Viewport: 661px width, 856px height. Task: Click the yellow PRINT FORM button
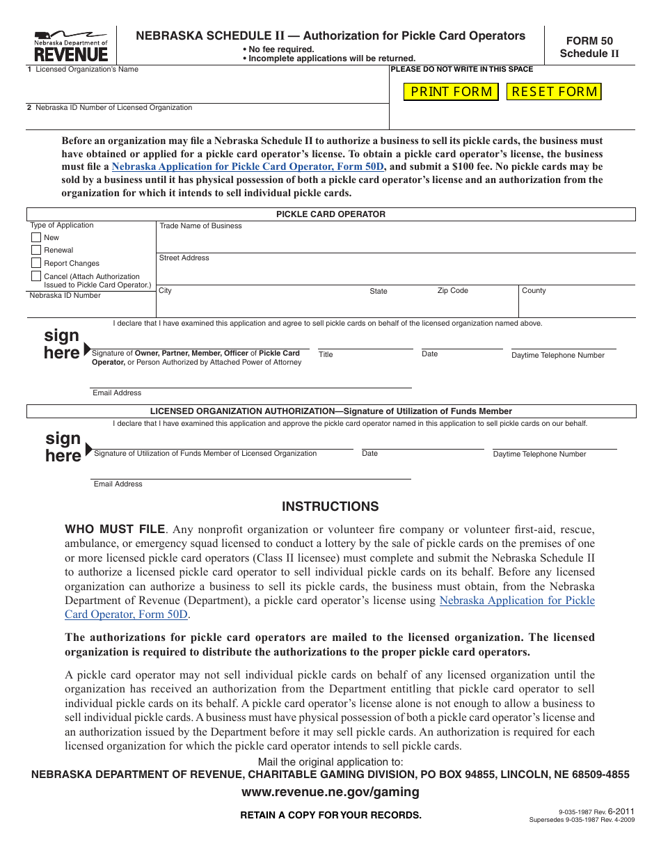pos(451,92)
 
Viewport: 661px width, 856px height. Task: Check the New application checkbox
pos(36,237)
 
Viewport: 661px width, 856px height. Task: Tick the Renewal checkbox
pos(36,250)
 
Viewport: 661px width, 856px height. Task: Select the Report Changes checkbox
pos(36,263)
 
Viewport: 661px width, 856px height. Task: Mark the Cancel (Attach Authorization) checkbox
pos(36,276)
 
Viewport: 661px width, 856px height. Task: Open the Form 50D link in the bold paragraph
pos(248,166)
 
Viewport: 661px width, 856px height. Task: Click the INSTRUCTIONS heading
pos(330,507)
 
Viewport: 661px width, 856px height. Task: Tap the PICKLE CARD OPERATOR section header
pos(330,214)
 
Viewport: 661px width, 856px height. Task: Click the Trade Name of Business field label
pos(200,226)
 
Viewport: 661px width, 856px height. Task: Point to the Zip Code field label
pos(452,291)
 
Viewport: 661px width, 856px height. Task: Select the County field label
pos(534,291)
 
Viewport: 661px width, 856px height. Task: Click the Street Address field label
pos(184,258)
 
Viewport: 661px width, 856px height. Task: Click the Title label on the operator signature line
pos(326,355)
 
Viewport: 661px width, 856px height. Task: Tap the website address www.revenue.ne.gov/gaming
pos(330,792)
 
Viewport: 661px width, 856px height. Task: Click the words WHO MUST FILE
pos(115,530)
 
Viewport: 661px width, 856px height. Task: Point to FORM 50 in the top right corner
pos(589,41)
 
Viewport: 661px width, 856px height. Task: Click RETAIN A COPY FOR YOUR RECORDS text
pos(330,815)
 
